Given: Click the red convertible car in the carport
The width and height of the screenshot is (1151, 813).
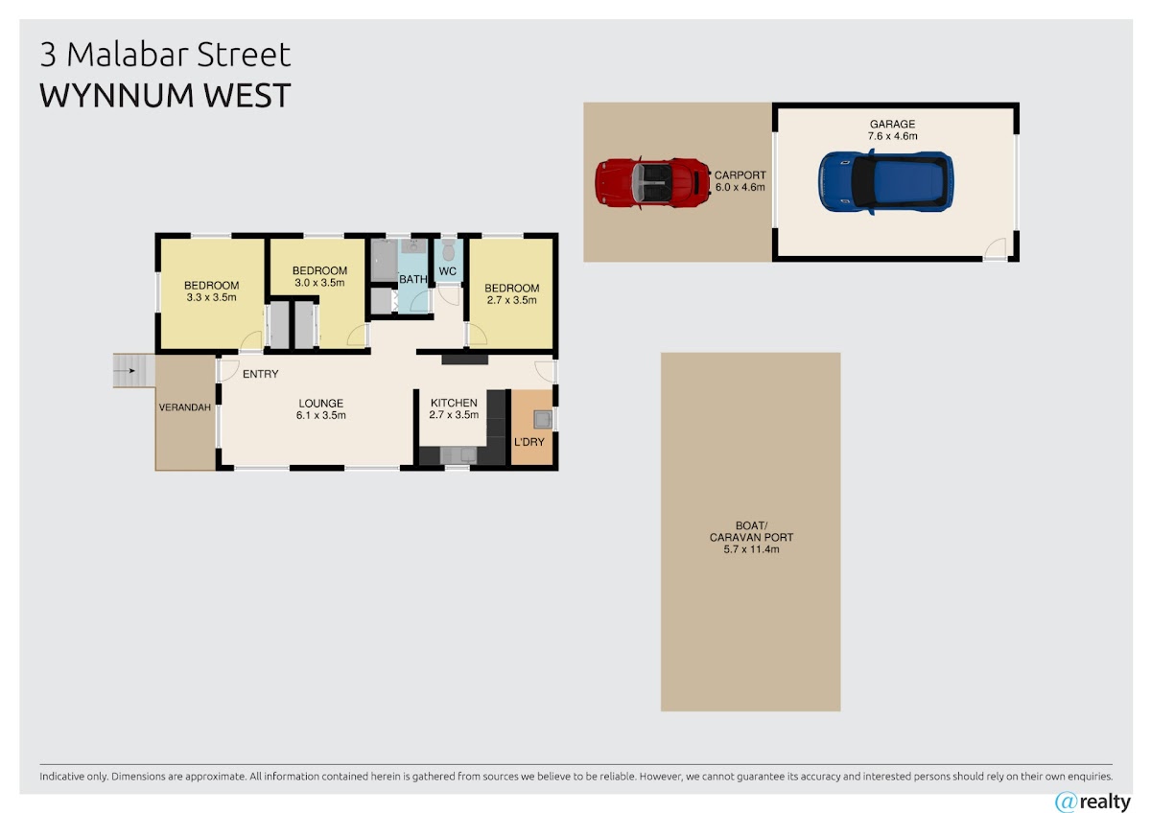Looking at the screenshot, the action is point(652,183).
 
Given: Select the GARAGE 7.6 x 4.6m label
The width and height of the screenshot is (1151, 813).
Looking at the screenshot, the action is point(892,130).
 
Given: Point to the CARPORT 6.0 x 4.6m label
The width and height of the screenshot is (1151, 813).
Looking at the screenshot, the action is point(740,181).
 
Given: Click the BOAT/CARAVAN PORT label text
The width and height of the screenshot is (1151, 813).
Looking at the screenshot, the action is point(751,537).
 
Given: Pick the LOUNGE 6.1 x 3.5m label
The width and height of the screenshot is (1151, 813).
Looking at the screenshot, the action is point(320,409).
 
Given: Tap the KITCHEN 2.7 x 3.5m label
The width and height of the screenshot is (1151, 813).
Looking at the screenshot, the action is point(454,408).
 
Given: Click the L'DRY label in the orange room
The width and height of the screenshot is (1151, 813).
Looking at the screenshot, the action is point(529,442).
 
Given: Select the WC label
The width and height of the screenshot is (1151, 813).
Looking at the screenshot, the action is point(448,271).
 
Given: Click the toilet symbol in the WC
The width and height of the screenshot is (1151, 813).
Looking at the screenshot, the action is point(448,250).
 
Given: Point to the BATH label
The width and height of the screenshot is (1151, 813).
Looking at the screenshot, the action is point(413,279).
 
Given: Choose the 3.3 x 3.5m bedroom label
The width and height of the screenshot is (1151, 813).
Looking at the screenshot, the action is point(211,291).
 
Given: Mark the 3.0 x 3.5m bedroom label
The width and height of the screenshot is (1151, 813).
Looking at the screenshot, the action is point(319,276).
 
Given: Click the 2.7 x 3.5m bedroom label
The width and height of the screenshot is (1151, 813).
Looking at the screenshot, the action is point(512,293).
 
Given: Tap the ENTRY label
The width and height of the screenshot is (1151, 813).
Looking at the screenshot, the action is point(261,374).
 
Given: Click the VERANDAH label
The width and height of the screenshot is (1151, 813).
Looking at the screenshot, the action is point(185,407).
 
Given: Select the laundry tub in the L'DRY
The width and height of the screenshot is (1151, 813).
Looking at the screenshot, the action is point(543,419).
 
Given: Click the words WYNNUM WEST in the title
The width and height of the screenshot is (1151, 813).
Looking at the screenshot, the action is point(165,95).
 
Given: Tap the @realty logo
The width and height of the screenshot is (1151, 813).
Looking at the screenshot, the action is point(1092,801).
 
